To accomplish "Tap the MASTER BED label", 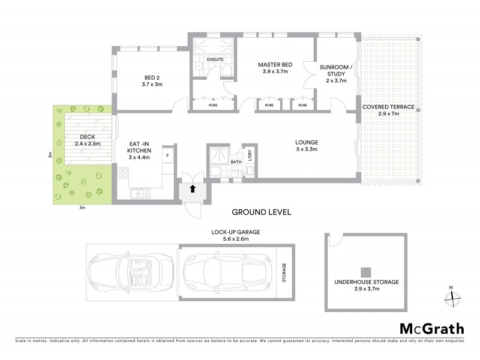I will tap(275, 64).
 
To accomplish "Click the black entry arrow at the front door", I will tap(193, 188).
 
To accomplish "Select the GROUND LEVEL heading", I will tap(261, 212).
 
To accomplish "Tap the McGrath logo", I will tap(431, 328).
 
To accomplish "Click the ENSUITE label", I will tap(215, 60).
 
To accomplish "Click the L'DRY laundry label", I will tap(250, 155).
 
